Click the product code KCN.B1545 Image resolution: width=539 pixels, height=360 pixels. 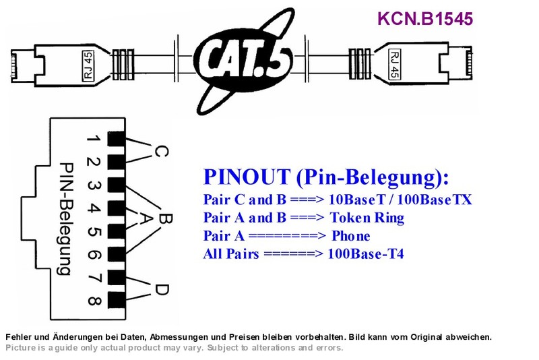click(x=425, y=19)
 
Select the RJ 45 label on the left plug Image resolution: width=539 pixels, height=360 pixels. click(x=88, y=65)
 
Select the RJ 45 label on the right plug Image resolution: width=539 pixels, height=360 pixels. click(x=395, y=64)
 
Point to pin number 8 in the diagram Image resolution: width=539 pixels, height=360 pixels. click(x=94, y=301)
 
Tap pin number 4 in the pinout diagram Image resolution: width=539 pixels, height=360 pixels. click(x=94, y=208)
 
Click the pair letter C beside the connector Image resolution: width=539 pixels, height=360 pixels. click(x=161, y=151)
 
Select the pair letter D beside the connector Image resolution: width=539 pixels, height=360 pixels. click(x=162, y=289)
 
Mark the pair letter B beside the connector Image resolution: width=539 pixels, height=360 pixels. click(x=166, y=218)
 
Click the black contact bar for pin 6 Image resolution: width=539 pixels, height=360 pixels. click(x=117, y=254)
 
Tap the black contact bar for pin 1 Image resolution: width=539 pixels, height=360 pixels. click(x=117, y=139)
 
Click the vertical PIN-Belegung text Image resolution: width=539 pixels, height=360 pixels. click(x=65, y=218)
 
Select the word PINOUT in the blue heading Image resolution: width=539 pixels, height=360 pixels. click(x=247, y=177)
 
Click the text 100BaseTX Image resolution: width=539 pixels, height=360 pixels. click(x=435, y=200)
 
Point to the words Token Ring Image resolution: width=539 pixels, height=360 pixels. click(x=367, y=218)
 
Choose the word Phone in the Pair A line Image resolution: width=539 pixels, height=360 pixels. click(x=351, y=236)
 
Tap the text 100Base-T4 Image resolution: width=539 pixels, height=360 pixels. click(x=366, y=254)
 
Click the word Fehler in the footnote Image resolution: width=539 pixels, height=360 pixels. click(x=17, y=337)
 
